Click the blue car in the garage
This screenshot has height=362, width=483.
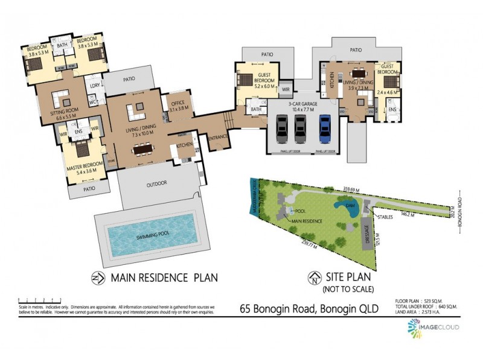click(325, 127)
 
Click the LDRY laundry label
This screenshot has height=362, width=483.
click(94, 86)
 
